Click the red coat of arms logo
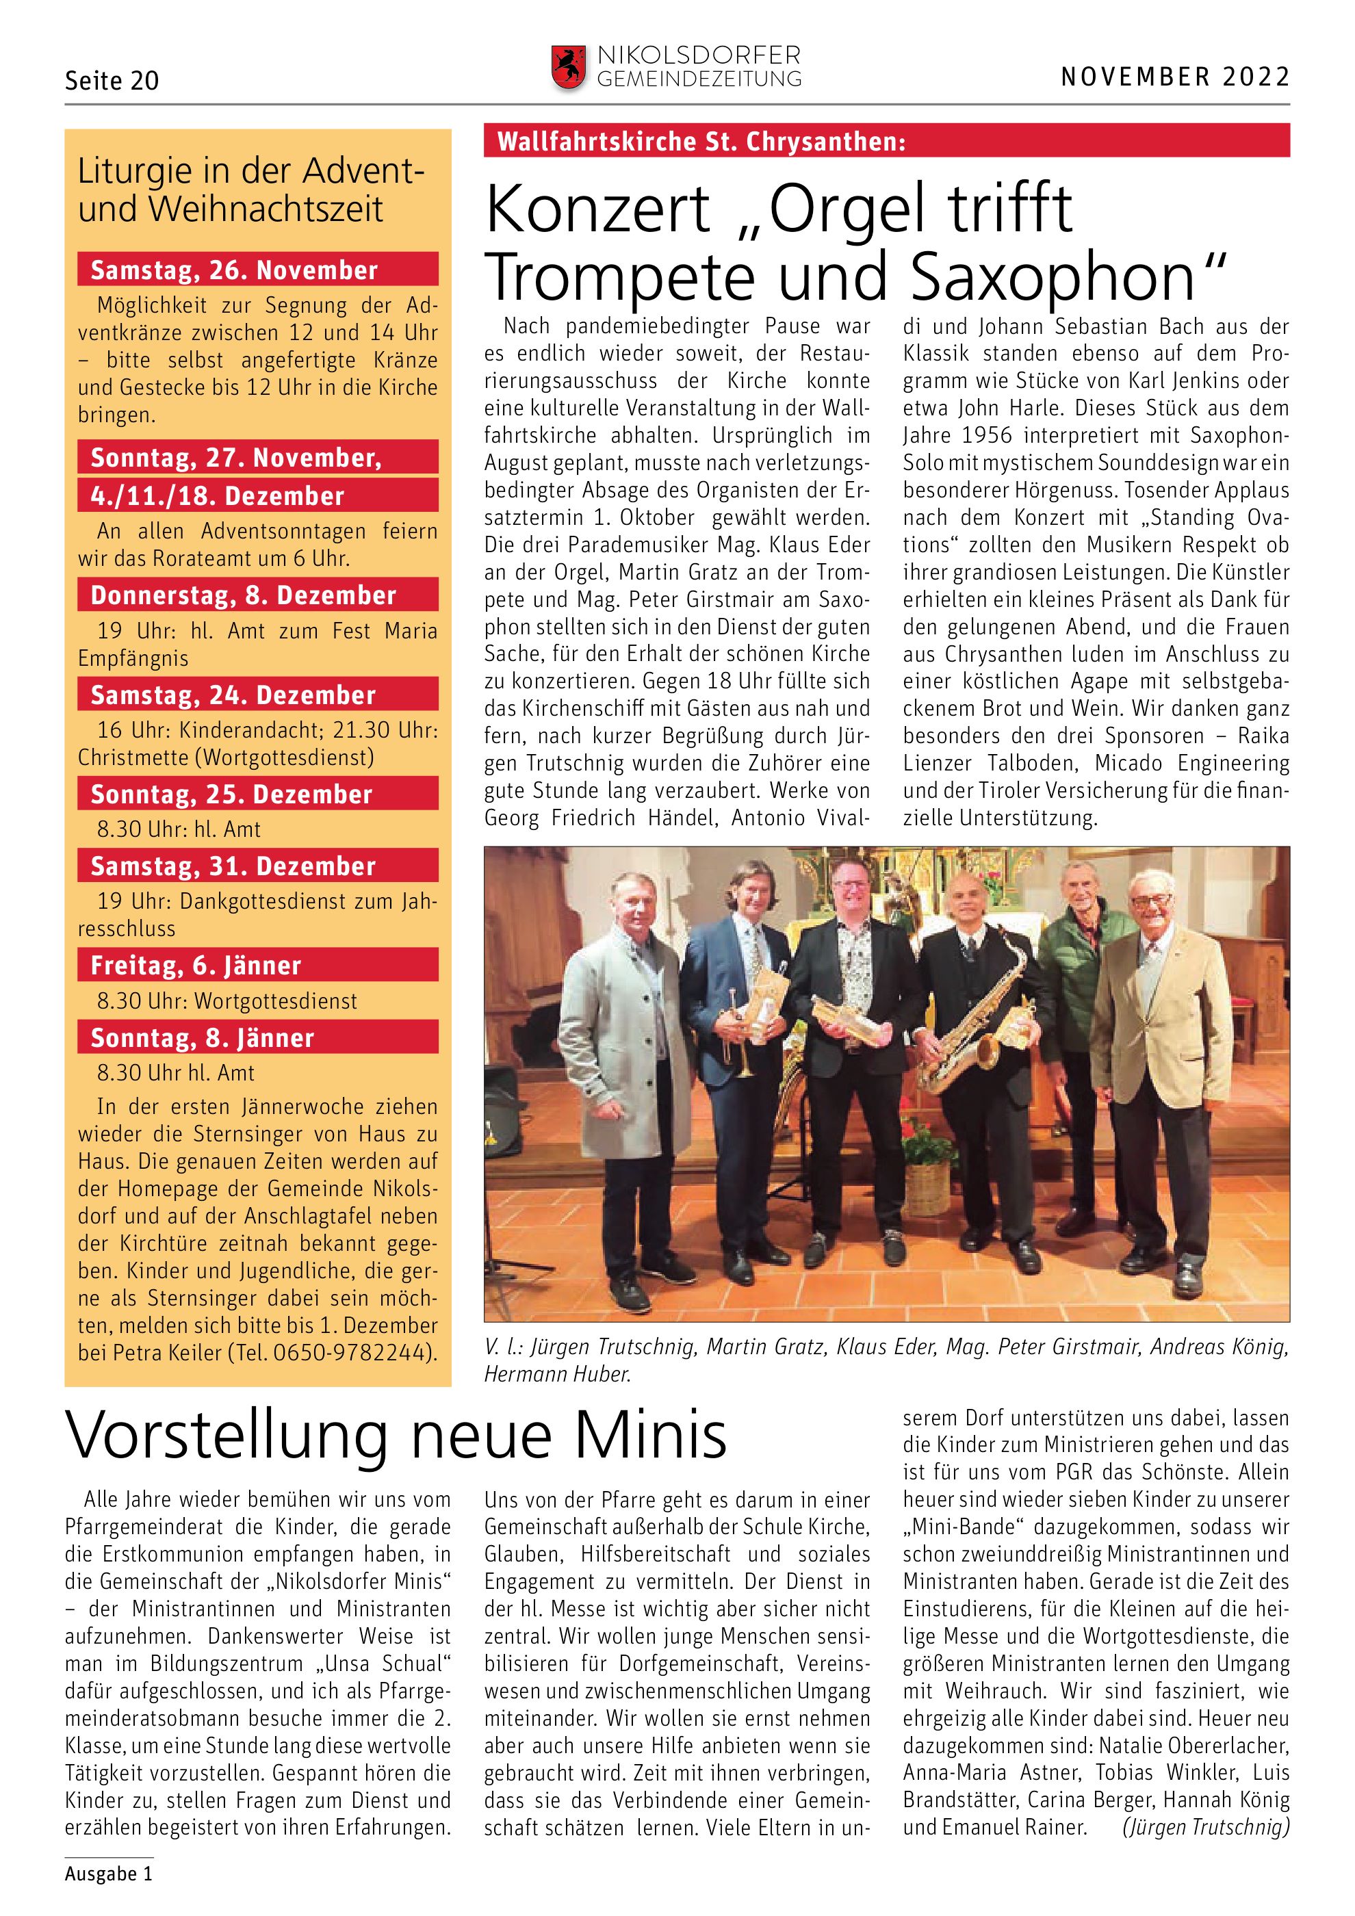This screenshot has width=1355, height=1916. coord(568,68)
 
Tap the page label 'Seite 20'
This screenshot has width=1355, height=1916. coord(112,81)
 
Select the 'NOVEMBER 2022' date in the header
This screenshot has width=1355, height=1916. coord(1175,77)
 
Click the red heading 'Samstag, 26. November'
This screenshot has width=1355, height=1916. coord(235,270)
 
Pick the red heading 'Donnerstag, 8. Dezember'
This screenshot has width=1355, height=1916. coord(244,595)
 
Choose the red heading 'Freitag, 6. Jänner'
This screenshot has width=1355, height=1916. coord(196,966)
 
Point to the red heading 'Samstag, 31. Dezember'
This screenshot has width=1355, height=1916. coord(233,866)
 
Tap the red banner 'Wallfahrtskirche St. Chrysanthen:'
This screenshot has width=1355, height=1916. coord(701,142)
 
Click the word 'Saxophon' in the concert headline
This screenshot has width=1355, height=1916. coord(1053,277)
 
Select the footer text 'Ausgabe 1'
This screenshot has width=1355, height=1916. coord(108,1874)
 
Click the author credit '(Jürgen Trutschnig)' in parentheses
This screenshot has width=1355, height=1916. coord(1206,1828)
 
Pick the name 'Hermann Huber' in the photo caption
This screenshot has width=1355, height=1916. coord(556,1375)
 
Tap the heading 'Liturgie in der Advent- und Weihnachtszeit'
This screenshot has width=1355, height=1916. coord(250,190)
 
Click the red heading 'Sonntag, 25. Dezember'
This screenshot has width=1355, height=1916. coord(232,794)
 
